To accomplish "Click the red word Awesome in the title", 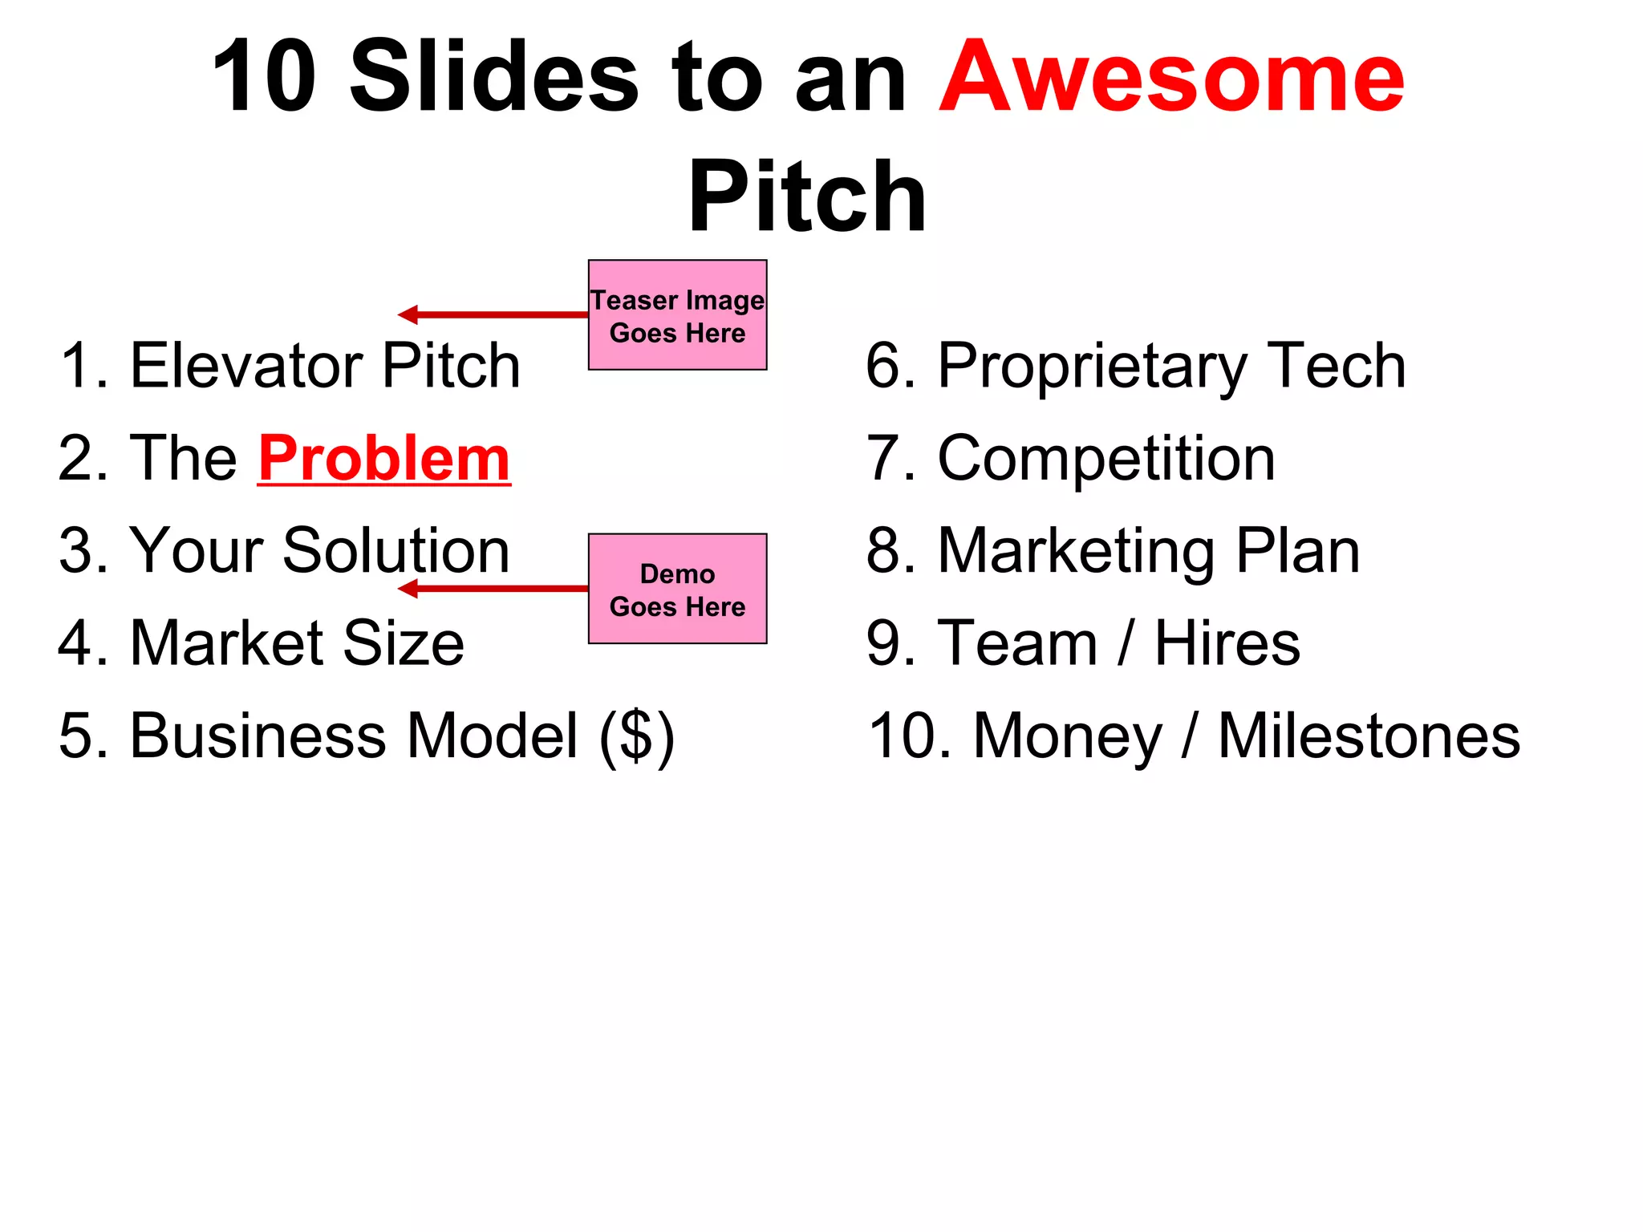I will click(x=1171, y=79).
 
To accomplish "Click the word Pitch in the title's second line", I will click(x=807, y=197).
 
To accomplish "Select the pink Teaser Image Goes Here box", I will click(x=677, y=315).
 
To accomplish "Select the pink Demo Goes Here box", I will click(x=677, y=589).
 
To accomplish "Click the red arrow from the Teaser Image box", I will click(x=493, y=314).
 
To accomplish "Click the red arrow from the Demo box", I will click(x=493, y=590).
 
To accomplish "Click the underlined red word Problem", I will click(x=384, y=459).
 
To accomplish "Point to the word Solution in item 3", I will click(x=396, y=551).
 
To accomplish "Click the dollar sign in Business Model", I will click(x=637, y=736).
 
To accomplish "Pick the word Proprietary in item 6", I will click(x=1090, y=367).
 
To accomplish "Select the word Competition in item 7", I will click(x=1106, y=459).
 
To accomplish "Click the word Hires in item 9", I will click(x=1227, y=643).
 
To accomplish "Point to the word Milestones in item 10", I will click(x=1369, y=736).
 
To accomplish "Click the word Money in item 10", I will click(x=1067, y=736).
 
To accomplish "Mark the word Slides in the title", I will click(x=493, y=79).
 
